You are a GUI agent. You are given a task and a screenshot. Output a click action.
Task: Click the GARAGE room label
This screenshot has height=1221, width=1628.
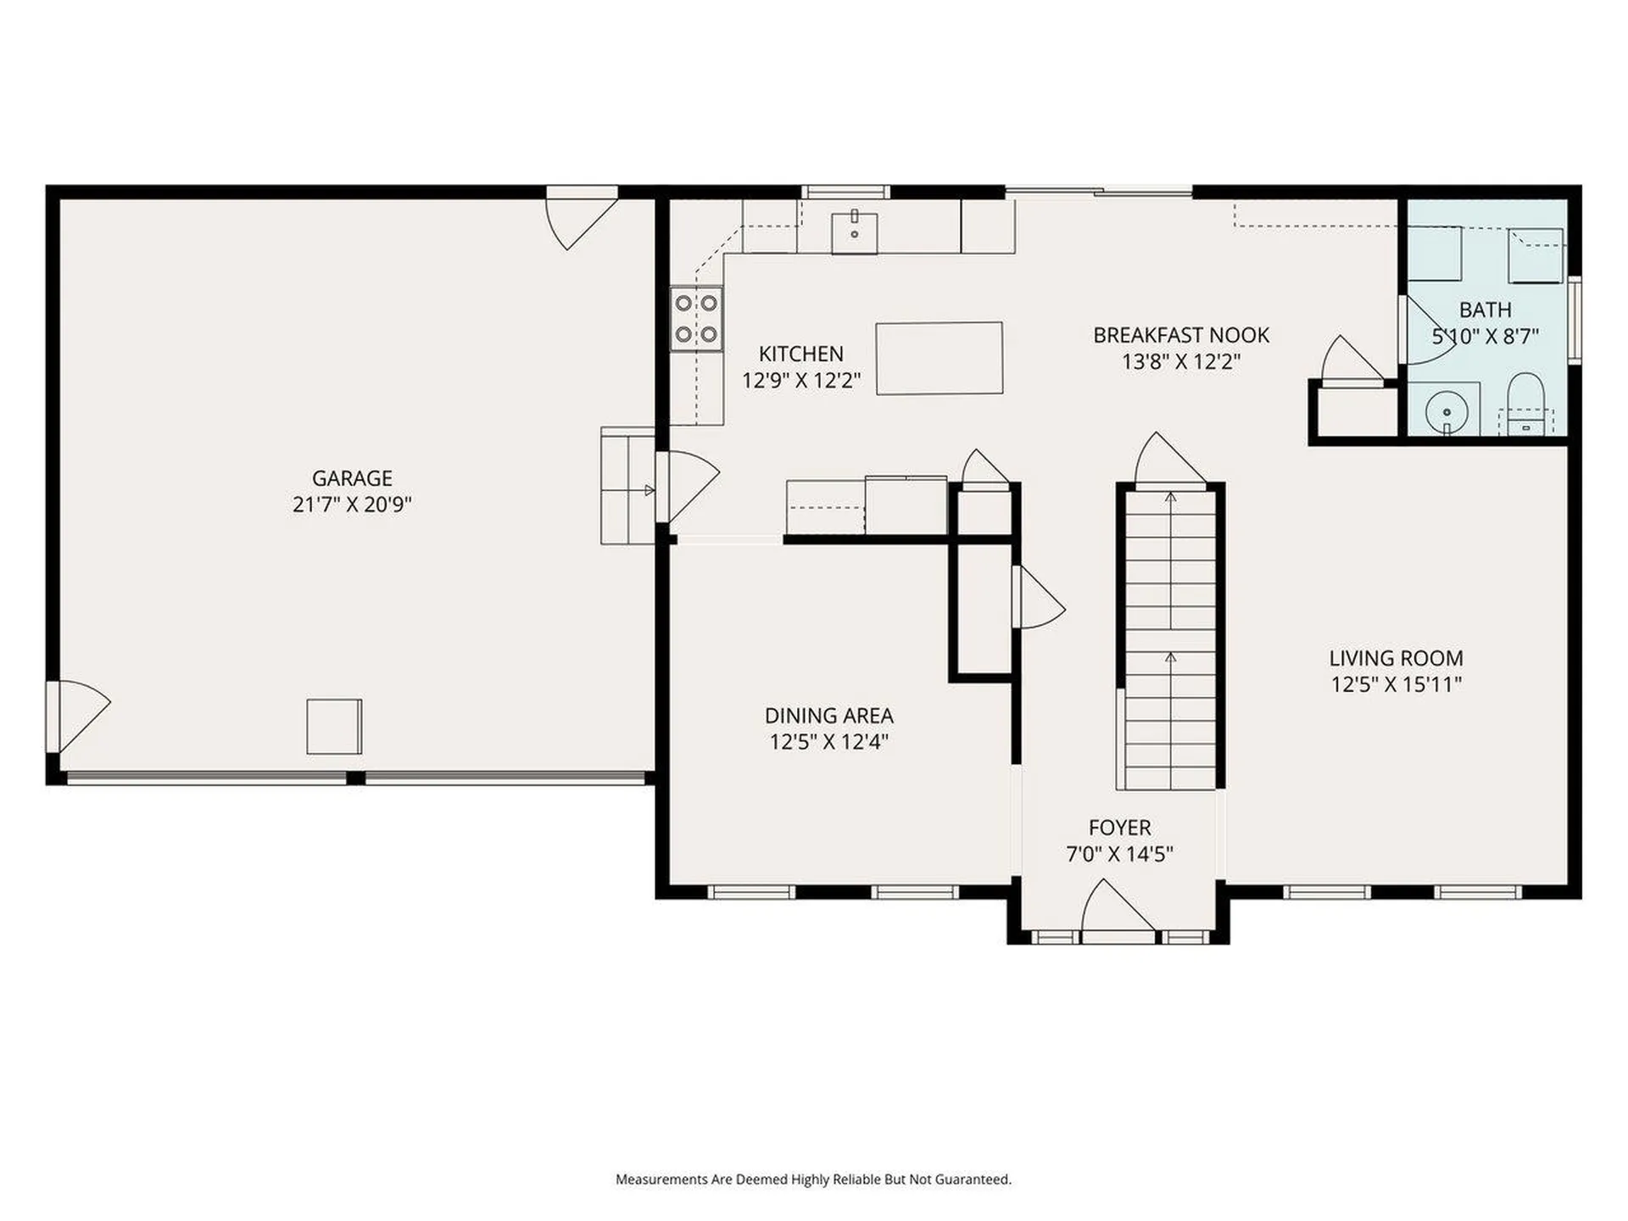coord(352,478)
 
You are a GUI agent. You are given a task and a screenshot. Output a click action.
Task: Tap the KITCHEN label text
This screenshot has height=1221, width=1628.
coord(800,354)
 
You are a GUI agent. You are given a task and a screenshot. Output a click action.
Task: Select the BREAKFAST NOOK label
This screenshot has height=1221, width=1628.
coord(1181,335)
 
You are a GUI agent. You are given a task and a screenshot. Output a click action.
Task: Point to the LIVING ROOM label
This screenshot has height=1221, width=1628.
coord(1396,658)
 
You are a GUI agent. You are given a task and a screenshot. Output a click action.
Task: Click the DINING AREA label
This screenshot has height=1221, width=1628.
coord(828,716)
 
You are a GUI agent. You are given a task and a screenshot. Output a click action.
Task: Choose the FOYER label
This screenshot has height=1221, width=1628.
coord(1119,828)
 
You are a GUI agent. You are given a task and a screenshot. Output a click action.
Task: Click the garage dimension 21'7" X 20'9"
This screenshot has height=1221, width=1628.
coord(352,505)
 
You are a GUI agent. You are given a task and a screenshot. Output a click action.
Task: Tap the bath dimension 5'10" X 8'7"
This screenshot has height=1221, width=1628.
coord(1485,337)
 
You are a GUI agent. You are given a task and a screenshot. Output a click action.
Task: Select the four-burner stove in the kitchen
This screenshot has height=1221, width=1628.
coord(696,319)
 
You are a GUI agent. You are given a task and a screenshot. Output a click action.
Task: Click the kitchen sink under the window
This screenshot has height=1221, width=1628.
coord(854,230)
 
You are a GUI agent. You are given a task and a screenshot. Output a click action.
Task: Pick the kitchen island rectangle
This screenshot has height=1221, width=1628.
coord(939,359)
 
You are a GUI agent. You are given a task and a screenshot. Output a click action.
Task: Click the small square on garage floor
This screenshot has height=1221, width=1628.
coord(334,727)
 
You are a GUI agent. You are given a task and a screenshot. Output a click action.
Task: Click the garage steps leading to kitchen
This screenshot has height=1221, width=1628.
coord(628,486)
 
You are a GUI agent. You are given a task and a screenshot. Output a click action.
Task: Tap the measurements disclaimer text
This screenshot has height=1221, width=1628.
coord(813,1179)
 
